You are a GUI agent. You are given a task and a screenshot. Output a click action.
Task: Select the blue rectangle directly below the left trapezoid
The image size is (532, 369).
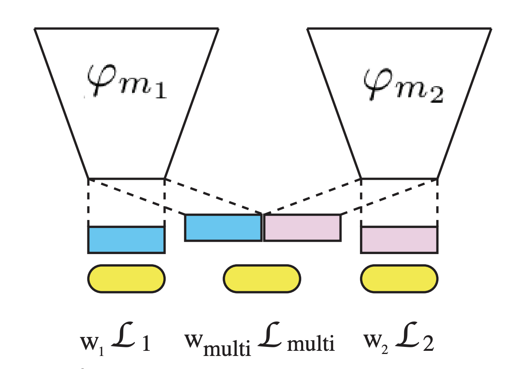(x=126, y=240)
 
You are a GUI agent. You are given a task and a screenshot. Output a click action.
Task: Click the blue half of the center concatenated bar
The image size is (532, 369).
(x=223, y=228)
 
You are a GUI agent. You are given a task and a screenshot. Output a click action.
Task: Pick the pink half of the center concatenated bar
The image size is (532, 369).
(x=302, y=228)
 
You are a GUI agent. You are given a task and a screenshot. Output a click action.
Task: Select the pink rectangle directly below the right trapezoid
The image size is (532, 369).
(x=399, y=240)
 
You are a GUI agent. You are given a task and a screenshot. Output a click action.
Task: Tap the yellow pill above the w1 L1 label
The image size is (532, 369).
(x=126, y=279)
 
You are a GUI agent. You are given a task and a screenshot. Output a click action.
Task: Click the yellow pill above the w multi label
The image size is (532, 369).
(x=262, y=279)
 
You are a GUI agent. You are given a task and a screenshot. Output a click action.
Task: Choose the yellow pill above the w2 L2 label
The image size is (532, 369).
(x=399, y=279)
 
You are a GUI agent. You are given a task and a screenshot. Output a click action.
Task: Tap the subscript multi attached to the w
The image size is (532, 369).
(x=227, y=349)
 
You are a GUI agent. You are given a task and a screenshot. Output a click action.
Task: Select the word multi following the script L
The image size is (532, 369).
(x=311, y=343)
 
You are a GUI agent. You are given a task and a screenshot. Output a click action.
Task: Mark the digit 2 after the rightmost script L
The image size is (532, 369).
(x=428, y=343)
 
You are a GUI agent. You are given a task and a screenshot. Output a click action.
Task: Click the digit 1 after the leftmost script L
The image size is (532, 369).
(x=146, y=343)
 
